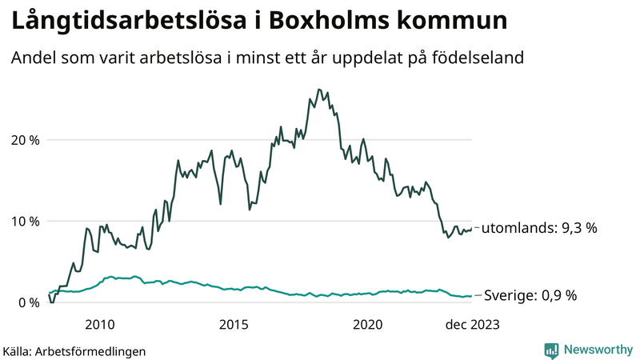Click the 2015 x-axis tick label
(x=234, y=324)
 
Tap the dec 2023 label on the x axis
(x=472, y=324)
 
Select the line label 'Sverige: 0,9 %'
(x=531, y=295)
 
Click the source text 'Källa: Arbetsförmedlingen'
(x=74, y=350)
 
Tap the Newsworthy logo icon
(x=551, y=350)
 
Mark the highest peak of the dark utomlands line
(x=318, y=90)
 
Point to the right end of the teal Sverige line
(x=472, y=295)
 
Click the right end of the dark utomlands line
(x=472, y=227)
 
